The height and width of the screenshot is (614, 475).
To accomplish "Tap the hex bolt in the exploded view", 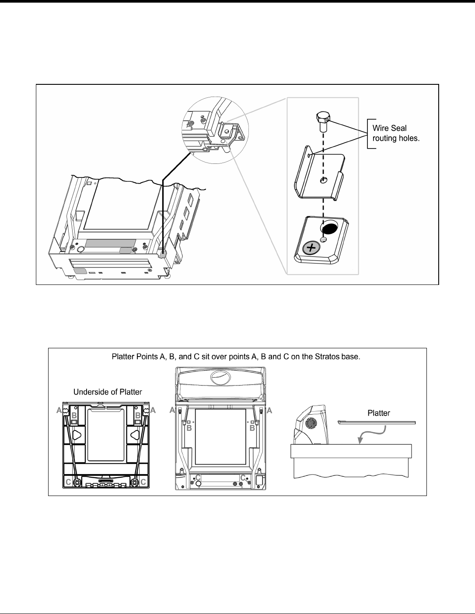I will pos(322,121).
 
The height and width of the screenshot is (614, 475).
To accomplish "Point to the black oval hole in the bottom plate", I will pos(329,229).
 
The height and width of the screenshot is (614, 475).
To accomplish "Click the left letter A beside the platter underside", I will pos(58,411).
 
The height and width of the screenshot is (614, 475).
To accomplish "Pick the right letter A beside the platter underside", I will pos(153,411).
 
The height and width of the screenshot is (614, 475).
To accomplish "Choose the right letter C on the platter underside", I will pos(143,482).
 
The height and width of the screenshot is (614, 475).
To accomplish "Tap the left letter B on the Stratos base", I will pos(189,429).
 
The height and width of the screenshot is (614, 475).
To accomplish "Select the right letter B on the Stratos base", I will pos(252,429).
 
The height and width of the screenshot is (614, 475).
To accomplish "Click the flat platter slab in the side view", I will pos(376,423).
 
